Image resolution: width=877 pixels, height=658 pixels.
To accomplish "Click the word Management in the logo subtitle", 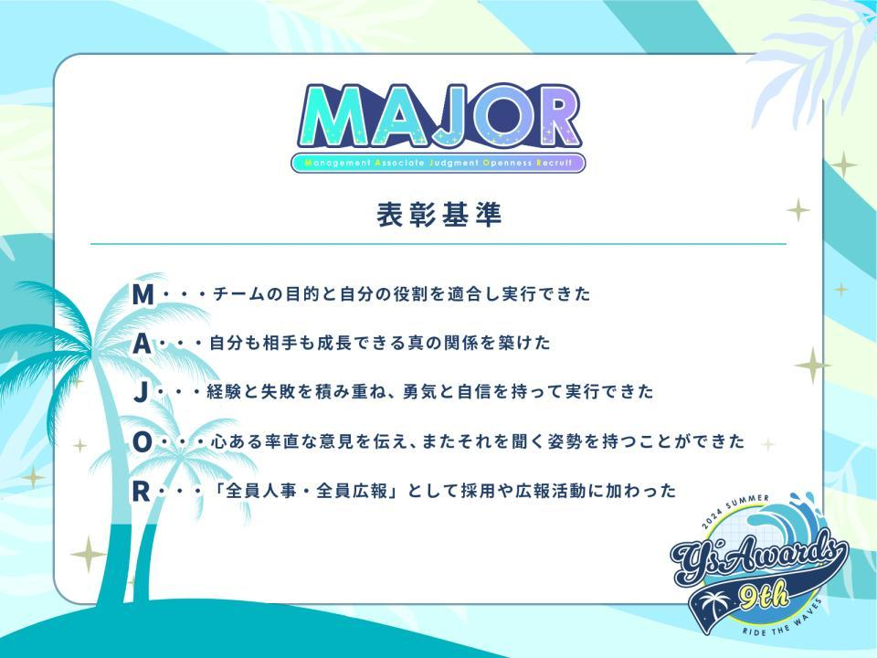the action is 338,164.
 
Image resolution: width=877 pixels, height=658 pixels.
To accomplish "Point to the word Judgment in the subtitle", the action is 454,164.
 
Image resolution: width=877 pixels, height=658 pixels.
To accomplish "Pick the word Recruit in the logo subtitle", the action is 555,164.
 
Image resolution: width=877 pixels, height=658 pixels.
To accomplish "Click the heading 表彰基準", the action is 439,215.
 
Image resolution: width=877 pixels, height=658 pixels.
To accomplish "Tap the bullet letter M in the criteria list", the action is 143,294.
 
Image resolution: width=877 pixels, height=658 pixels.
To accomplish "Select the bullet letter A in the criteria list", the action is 143,344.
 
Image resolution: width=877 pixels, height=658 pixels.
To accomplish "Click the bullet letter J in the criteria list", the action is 142,392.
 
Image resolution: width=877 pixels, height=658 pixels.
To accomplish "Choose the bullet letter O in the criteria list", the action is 143,442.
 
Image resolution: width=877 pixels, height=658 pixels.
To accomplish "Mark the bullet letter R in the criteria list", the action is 141,492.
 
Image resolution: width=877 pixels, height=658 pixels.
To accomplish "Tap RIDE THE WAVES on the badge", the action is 784,621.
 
